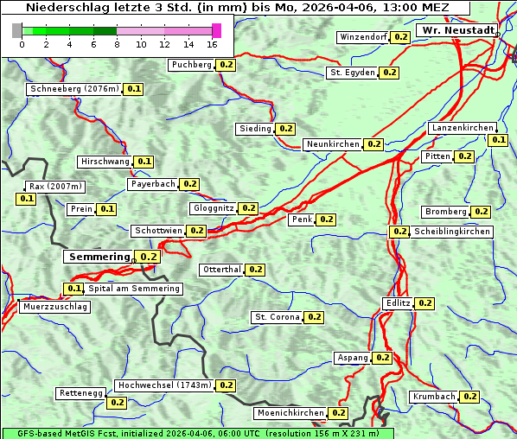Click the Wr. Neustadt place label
pyautogui.click(x=457, y=30)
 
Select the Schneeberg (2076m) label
pyautogui.click(x=73, y=89)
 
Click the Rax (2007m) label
pyautogui.click(x=55, y=186)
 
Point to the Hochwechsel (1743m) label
pyautogui.click(x=163, y=385)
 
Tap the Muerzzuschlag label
pyautogui.click(x=54, y=307)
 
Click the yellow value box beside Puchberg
pyautogui.click(x=226, y=65)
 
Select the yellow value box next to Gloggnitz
pyautogui.click(x=248, y=208)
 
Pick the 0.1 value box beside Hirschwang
pyautogui.click(x=144, y=162)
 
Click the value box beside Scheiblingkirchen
pyautogui.click(x=399, y=232)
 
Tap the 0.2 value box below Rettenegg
pyautogui.click(x=117, y=403)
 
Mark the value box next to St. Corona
pyautogui.click(x=314, y=317)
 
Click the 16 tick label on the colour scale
pyautogui.click(x=213, y=44)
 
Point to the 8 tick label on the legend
pyautogui.click(x=117, y=44)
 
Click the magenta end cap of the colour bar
pyautogui.click(x=216, y=30)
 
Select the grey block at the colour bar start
pyautogui.click(x=17, y=30)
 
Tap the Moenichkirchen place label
pyautogui.click(x=290, y=414)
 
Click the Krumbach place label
pyautogui.click(x=434, y=397)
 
